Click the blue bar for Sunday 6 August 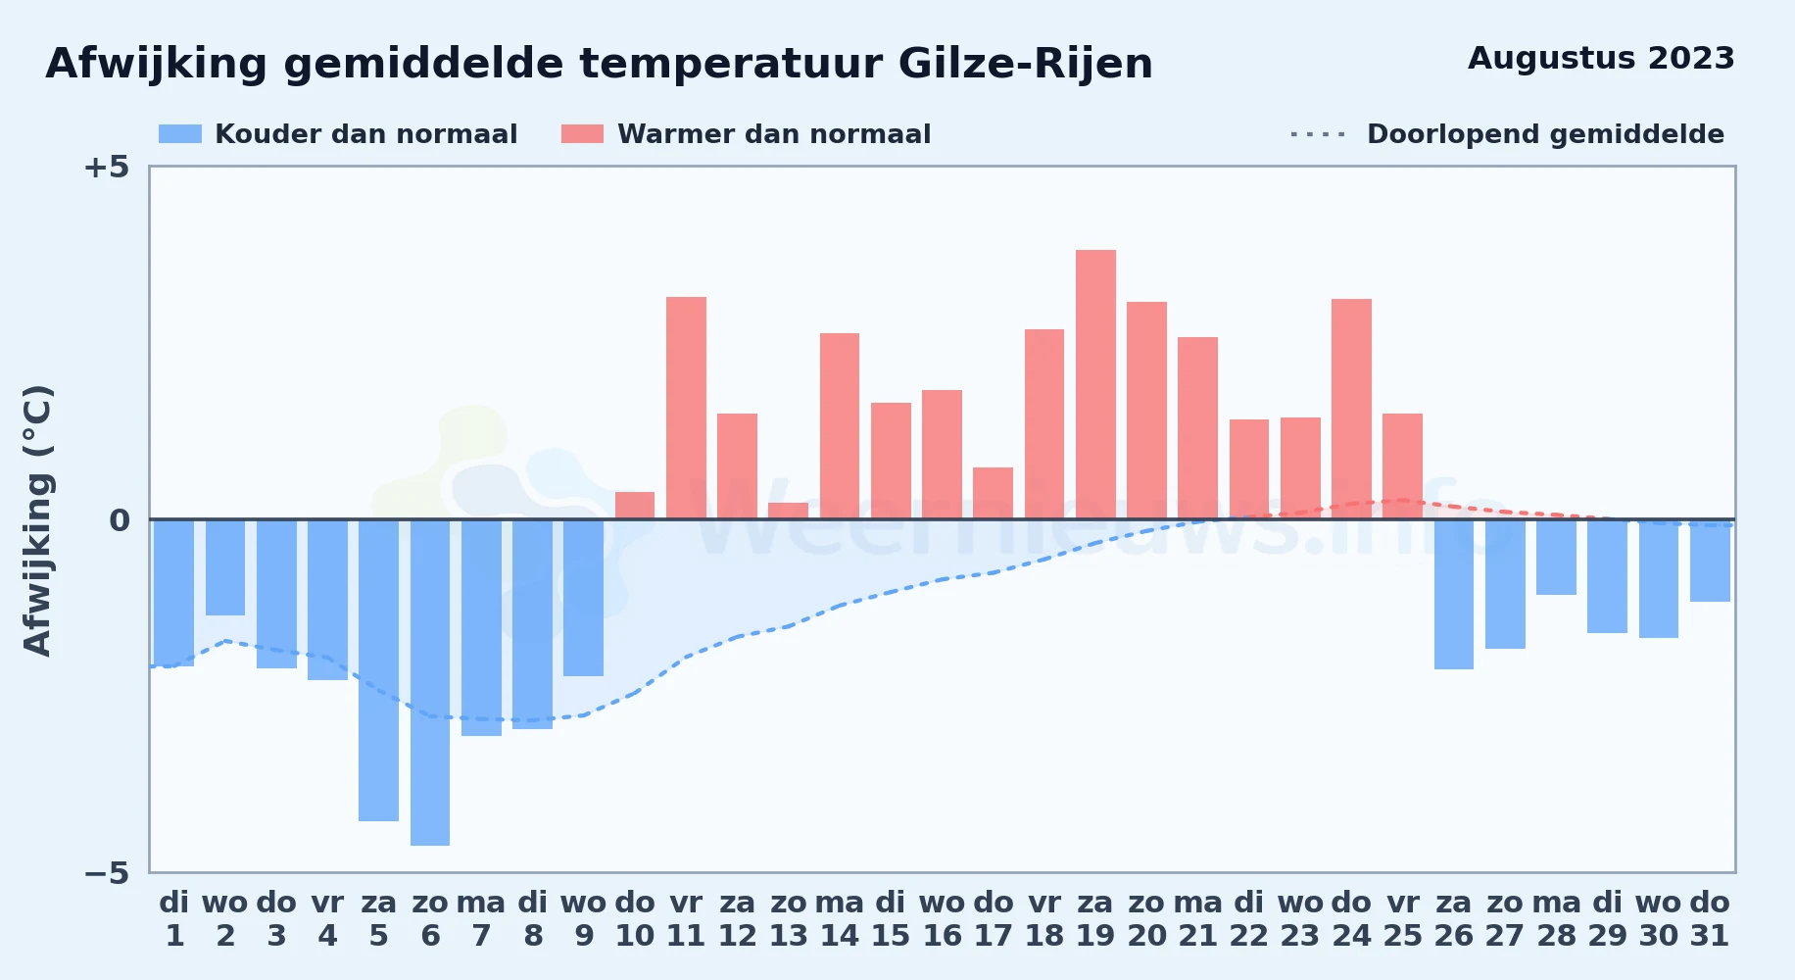430,682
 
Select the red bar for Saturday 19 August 1095,384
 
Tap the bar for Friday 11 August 686,408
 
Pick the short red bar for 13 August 789,511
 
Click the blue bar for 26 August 1454,594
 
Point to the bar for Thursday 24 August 1351,409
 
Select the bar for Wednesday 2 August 225,567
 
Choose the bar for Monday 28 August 1556,557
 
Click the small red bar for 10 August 635,506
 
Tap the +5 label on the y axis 106,168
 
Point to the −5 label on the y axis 106,873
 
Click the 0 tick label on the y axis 120,520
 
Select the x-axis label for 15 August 891,919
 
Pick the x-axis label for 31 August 1710,919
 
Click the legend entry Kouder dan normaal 338,134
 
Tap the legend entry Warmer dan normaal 747,134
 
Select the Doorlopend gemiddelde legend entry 1508,134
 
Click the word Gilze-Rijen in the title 1025,65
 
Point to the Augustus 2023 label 1601,59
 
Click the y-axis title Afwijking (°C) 37,520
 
